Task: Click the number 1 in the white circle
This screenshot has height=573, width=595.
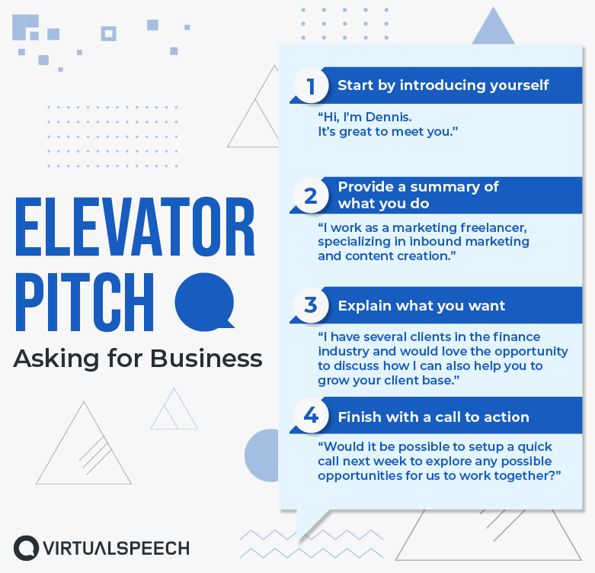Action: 311,85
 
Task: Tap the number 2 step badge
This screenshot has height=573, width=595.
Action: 311,196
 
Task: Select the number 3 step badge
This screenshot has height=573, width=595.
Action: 311,305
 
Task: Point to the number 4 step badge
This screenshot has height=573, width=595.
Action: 311,416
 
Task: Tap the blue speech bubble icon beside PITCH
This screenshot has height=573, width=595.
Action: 204,299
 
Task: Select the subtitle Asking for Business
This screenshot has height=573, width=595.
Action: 138,358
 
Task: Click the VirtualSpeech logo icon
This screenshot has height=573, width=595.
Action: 26,548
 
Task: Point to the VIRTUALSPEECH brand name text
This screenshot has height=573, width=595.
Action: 114,548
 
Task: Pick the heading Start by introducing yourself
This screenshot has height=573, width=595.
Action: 443,85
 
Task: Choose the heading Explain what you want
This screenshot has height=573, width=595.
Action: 421,306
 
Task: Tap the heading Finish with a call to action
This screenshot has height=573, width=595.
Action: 433,417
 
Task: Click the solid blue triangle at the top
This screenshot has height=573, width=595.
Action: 494,28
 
